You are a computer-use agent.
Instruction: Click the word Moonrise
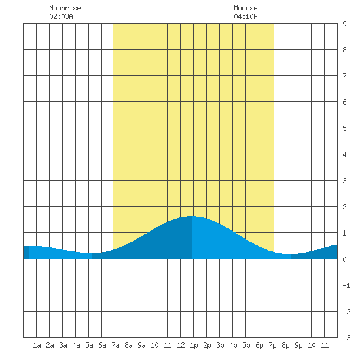65,8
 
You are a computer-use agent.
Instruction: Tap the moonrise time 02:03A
61,16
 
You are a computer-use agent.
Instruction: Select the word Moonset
247,8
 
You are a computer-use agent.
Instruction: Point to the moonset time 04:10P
245,16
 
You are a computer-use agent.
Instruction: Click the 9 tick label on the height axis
344,24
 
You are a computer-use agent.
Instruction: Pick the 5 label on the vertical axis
344,128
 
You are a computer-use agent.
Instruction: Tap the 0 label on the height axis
344,259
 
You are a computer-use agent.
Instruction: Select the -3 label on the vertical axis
346,338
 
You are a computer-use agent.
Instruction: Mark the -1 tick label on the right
346,285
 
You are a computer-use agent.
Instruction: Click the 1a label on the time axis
37,345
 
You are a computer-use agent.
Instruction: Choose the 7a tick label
115,345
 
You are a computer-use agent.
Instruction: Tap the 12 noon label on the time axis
181,345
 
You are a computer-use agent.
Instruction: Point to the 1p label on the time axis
194,345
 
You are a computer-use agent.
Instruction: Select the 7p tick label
272,345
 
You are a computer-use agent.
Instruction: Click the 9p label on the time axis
298,345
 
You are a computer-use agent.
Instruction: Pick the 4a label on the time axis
76,345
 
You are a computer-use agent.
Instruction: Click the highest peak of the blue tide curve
191,216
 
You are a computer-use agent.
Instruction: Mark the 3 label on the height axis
344,181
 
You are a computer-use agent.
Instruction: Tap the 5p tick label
246,345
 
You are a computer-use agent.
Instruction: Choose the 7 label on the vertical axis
344,76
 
